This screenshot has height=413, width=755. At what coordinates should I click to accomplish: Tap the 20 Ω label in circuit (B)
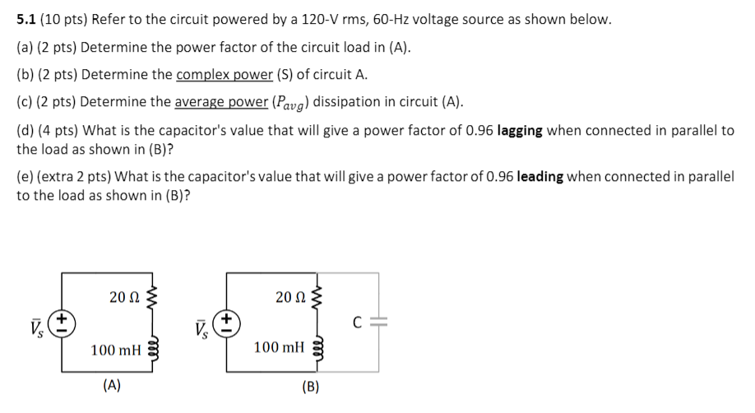[289, 296]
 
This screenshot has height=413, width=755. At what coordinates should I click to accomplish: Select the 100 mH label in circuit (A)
[115, 350]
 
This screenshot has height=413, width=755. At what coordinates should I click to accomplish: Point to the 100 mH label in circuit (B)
[279, 348]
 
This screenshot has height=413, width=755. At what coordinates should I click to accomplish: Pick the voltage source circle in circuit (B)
[228, 322]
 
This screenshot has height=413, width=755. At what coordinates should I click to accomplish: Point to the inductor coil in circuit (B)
[317, 349]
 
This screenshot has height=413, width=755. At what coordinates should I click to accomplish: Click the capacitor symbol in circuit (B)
[379, 322]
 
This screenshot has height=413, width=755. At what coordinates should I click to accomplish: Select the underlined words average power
[221, 102]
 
